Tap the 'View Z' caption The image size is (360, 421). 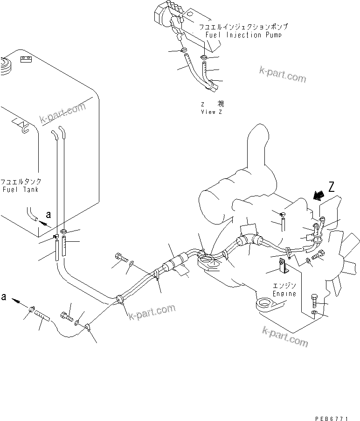[x=212, y=112]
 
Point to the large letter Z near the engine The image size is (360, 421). [x=332, y=188]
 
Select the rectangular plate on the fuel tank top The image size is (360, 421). [x=25, y=59]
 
